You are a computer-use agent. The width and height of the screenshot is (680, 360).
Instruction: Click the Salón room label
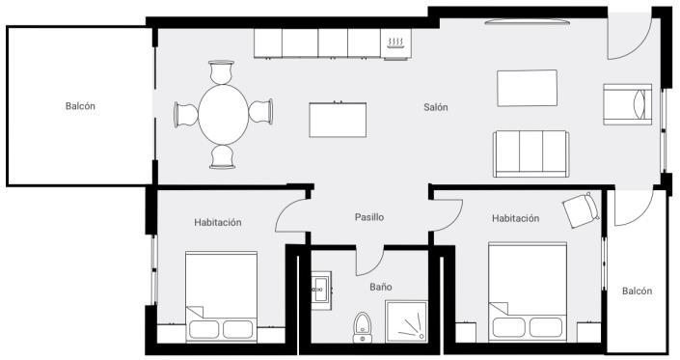point(435,107)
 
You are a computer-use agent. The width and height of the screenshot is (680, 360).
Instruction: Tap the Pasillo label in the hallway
point(368,217)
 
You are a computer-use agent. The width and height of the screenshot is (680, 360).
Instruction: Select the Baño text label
point(381,287)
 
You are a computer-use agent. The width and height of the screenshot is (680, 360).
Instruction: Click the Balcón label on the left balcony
point(81,106)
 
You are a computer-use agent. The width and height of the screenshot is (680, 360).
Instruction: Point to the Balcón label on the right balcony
point(637,291)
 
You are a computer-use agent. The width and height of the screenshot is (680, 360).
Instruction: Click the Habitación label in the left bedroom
point(217,222)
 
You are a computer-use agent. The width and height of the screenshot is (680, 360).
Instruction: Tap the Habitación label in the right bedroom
point(515,218)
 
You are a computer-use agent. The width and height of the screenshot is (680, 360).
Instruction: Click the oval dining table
point(223,114)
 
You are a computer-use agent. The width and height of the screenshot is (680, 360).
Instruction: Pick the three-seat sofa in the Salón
point(530,153)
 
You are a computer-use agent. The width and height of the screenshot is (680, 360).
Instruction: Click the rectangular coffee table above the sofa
point(528,89)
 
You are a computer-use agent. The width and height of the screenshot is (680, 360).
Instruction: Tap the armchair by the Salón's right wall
point(627,103)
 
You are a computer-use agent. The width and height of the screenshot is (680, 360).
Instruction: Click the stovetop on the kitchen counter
point(395,43)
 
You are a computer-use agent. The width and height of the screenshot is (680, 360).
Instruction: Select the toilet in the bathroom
point(363,326)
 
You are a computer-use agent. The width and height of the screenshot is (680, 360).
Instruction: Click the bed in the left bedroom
point(222,296)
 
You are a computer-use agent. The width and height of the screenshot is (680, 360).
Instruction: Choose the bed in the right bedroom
point(526,292)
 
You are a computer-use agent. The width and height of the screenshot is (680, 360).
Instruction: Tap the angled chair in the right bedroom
point(580,209)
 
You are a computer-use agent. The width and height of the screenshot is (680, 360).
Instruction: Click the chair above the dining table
point(223,73)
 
